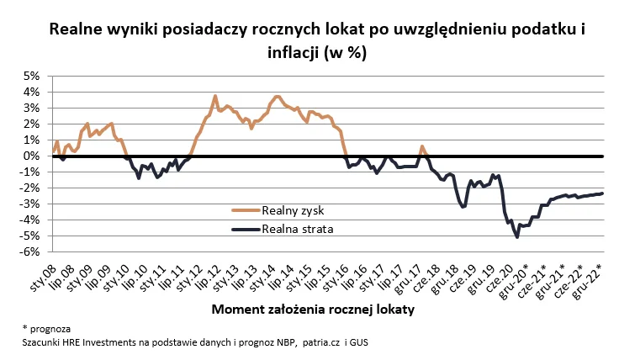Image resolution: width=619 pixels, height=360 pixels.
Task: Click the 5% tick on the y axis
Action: [32, 76]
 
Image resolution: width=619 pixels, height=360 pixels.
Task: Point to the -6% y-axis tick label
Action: [30, 251]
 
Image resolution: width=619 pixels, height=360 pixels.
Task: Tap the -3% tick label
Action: [30, 204]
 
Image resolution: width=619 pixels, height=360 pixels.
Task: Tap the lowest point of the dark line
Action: [516, 236]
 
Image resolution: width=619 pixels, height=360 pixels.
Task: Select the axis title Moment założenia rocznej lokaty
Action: [314, 309]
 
